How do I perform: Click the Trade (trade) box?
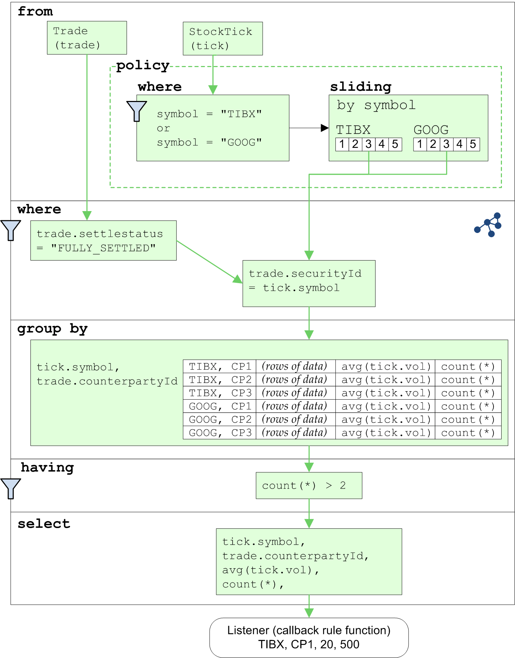(x=87, y=38)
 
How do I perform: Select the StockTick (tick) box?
(x=222, y=38)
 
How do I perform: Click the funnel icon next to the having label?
(x=11, y=489)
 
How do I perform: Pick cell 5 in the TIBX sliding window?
(x=395, y=144)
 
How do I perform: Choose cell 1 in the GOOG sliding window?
(x=420, y=144)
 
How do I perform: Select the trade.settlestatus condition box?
(x=103, y=241)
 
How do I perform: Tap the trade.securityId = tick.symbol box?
(x=309, y=283)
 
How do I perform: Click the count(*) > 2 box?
(x=309, y=485)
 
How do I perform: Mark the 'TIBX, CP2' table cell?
(x=220, y=380)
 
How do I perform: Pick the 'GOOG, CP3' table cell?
(x=220, y=433)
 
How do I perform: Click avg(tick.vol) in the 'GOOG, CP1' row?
(x=385, y=406)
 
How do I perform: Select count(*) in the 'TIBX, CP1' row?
(x=468, y=366)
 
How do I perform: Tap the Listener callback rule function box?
(x=309, y=638)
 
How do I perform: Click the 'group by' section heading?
(x=52, y=329)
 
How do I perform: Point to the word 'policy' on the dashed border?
(x=143, y=65)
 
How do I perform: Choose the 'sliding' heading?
(x=361, y=86)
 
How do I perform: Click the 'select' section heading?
(x=44, y=524)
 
